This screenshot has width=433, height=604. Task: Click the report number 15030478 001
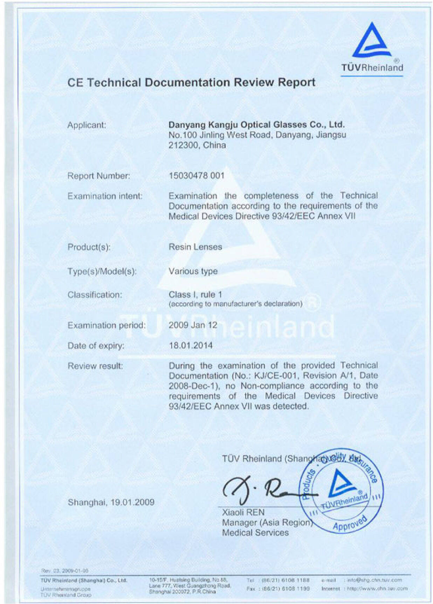click(196, 175)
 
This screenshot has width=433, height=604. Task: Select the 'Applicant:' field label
click(87, 125)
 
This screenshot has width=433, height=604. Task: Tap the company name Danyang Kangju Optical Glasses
click(256, 125)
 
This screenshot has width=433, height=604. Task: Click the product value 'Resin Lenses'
click(195, 247)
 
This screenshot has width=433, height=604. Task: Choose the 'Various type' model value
click(193, 271)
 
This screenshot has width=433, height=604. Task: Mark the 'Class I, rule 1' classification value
click(195, 294)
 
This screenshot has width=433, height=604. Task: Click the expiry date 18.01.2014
click(191, 346)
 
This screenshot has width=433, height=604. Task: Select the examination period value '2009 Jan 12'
click(193, 325)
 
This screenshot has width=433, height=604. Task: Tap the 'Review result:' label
click(95, 366)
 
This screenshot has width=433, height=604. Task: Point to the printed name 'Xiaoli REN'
click(243, 512)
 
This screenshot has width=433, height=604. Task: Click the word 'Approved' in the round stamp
click(349, 523)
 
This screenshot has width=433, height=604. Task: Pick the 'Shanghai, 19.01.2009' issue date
click(111, 502)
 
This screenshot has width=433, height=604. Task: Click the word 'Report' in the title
click(296, 82)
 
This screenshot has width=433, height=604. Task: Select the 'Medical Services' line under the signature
click(255, 533)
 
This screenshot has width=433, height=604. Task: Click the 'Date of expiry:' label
click(96, 346)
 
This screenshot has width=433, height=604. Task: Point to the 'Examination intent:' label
click(105, 196)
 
